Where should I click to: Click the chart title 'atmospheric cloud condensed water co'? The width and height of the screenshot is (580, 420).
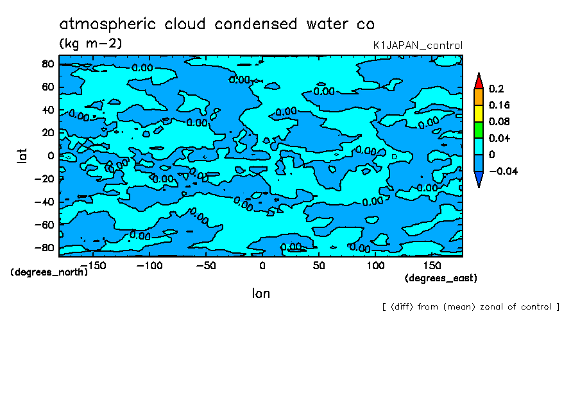tap(217, 24)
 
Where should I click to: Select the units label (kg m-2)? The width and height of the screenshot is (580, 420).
tap(90, 44)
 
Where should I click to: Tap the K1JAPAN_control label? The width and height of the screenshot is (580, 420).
tap(418, 46)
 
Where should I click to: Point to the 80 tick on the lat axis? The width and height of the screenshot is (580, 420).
tap(47, 64)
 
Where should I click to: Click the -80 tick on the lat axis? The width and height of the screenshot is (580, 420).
tap(45, 248)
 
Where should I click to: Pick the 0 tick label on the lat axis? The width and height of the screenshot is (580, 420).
tap(50, 155)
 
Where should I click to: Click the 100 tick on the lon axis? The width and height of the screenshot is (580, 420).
tap(375, 265)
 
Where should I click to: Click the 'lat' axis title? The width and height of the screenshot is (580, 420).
tap(22, 155)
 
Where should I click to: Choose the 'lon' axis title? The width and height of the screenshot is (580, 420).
tap(260, 293)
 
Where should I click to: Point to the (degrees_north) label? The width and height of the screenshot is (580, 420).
tap(49, 272)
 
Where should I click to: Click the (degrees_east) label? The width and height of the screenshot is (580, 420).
tap(441, 278)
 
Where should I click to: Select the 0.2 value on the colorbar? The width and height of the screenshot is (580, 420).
tap(495, 89)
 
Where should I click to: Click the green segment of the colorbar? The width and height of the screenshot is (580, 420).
tap(479, 129)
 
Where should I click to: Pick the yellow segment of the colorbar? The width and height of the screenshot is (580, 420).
tap(479, 113)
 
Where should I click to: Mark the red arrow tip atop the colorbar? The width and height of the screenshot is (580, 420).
tap(479, 80)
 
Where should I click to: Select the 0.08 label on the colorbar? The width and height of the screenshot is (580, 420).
tap(499, 121)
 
